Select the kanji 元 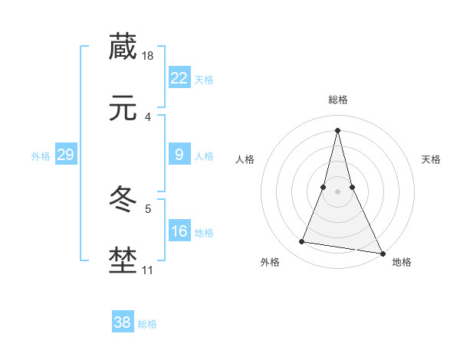click(123, 110)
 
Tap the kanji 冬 click(123, 201)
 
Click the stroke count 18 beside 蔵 click(149, 56)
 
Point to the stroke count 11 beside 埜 click(147, 270)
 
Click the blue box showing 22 click(179, 78)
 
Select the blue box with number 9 click(179, 155)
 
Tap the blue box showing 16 click(179, 231)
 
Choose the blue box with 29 click(65, 155)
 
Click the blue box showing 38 click(123, 322)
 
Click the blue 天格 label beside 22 click(204, 80)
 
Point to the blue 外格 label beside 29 click(41, 156)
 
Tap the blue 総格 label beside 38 click(147, 324)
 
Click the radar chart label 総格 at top click(337, 100)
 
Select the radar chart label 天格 click(431, 159)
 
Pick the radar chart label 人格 click(245, 159)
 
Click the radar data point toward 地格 click(382, 253)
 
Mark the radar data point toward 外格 click(301, 242)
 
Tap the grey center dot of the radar click(337, 191)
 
